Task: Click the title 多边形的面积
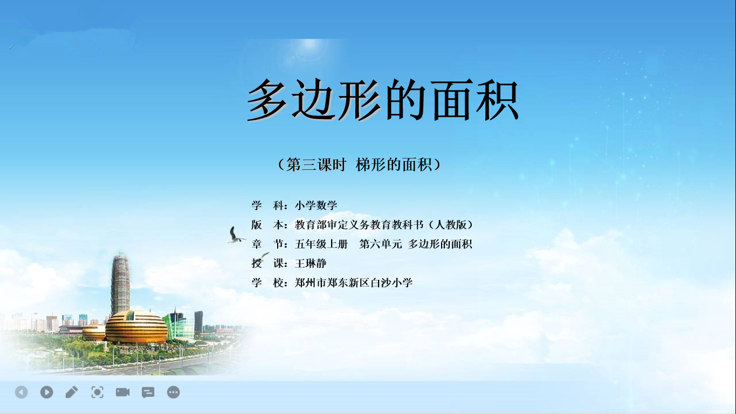[x=382, y=100]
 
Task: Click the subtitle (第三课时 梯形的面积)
[x=359, y=164]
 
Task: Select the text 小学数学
[x=316, y=205]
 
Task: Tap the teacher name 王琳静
[x=311, y=263]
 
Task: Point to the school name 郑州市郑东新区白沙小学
[x=354, y=282]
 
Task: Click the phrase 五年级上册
[x=321, y=244]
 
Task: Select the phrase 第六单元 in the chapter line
[x=381, y=244]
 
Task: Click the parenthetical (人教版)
[x=451, y=225]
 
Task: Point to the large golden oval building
[x=136, y=327]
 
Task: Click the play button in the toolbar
[x=47, y=392]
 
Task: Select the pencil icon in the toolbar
[x=72, y=392]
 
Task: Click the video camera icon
[x=122, y=392]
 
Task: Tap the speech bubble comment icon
[x=148, y=392]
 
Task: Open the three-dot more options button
[x=173, y=392]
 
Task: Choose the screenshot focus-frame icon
[x=97, y=392]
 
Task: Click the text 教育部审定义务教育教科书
[x=359, y=225]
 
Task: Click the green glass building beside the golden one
[x=179, y=325]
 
